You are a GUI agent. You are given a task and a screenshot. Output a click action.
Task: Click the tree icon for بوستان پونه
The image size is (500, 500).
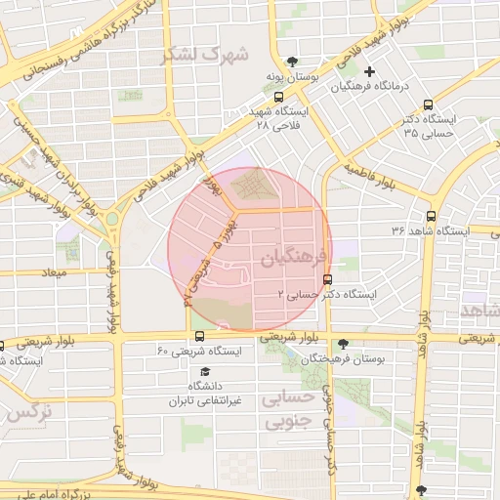(279, 62)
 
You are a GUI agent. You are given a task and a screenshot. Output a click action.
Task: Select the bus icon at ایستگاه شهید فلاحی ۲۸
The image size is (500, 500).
(279, 97)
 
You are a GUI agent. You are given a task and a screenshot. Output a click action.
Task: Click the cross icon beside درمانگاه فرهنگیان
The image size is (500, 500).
(369, 71)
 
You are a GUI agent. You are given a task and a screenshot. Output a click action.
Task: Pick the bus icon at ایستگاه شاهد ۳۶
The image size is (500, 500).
(431, 216)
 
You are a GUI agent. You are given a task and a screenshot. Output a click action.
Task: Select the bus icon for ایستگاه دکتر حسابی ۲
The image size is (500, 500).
(326, 278)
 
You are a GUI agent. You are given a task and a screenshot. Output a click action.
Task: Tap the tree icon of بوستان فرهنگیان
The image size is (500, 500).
(342, 344)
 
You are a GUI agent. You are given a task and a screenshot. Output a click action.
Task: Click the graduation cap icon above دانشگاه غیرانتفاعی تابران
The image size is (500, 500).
(205, 372)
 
